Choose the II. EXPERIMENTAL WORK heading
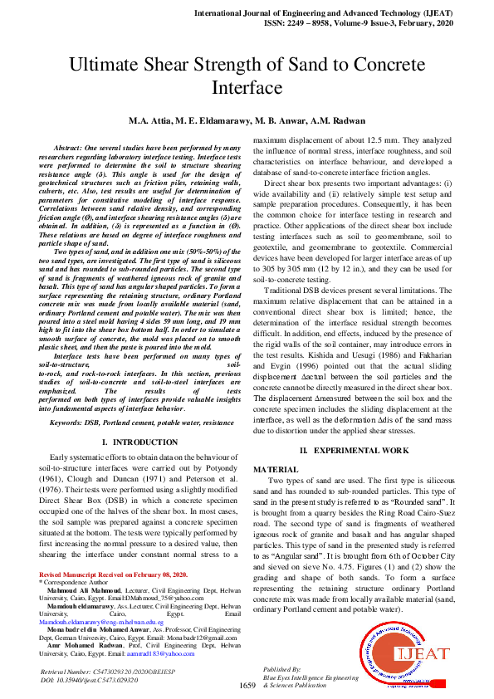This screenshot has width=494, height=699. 355,449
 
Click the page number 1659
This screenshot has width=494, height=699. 247,685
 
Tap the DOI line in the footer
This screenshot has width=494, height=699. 91,680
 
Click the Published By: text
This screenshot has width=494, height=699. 282,668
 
